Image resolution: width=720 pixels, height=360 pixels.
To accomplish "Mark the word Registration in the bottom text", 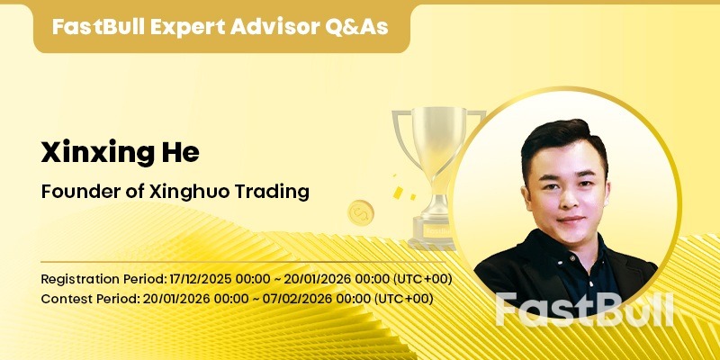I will [x=80, y=278].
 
